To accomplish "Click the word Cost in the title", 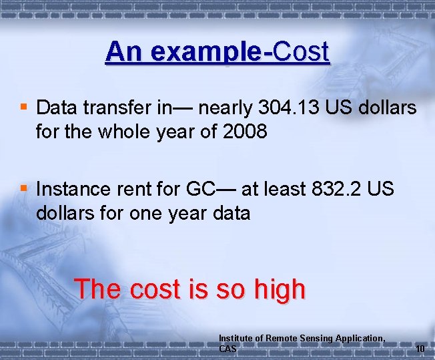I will [x=302, y=51].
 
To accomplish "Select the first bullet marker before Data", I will [x=24, y=107].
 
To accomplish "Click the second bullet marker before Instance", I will [x=24, y=188].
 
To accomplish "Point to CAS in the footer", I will [x=228, y=349].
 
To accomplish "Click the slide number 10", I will [x=420, y=349].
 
